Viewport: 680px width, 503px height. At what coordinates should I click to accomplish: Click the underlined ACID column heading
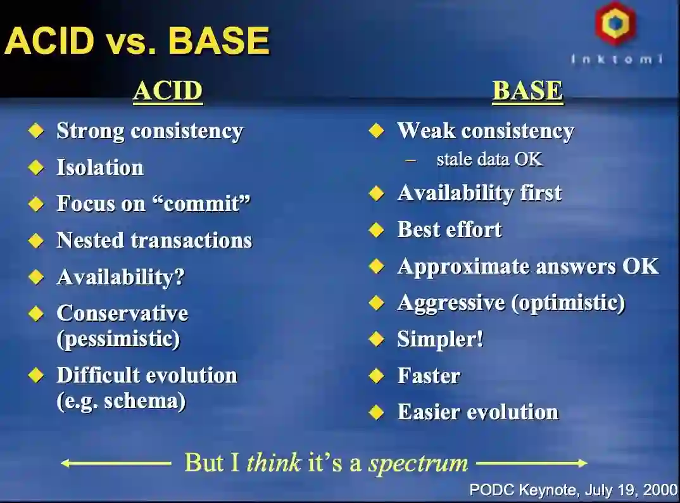(168, 92)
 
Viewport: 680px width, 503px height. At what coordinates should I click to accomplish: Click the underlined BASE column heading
(528, 92)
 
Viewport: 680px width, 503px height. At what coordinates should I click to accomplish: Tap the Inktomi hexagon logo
(615, 23)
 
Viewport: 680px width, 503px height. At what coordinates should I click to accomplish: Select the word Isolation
(100, 167)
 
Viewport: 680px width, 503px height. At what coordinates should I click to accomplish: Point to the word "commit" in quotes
(201, 203)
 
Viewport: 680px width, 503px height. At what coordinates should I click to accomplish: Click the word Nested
(90, 240)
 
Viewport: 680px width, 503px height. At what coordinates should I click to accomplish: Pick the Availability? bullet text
(121, 277)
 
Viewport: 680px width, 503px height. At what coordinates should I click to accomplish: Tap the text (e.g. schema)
(121, 401)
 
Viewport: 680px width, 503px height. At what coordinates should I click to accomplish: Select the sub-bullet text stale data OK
(489, 159)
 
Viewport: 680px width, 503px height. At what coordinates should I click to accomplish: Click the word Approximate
(463, 267)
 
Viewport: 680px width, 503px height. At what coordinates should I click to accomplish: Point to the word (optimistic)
(569, 303)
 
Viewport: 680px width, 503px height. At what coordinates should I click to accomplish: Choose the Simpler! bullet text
(440, 340)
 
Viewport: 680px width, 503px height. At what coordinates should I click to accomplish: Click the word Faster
(429, 376)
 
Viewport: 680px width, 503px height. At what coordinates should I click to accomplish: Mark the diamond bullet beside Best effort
(377, 230)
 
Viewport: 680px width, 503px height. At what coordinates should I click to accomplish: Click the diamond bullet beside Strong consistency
(36, 131)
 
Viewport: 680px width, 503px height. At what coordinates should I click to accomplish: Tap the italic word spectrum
(419, 464)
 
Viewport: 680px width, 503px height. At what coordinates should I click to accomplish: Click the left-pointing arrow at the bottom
(116, 464)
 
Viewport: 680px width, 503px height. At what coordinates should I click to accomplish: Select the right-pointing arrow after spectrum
(532, 464)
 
